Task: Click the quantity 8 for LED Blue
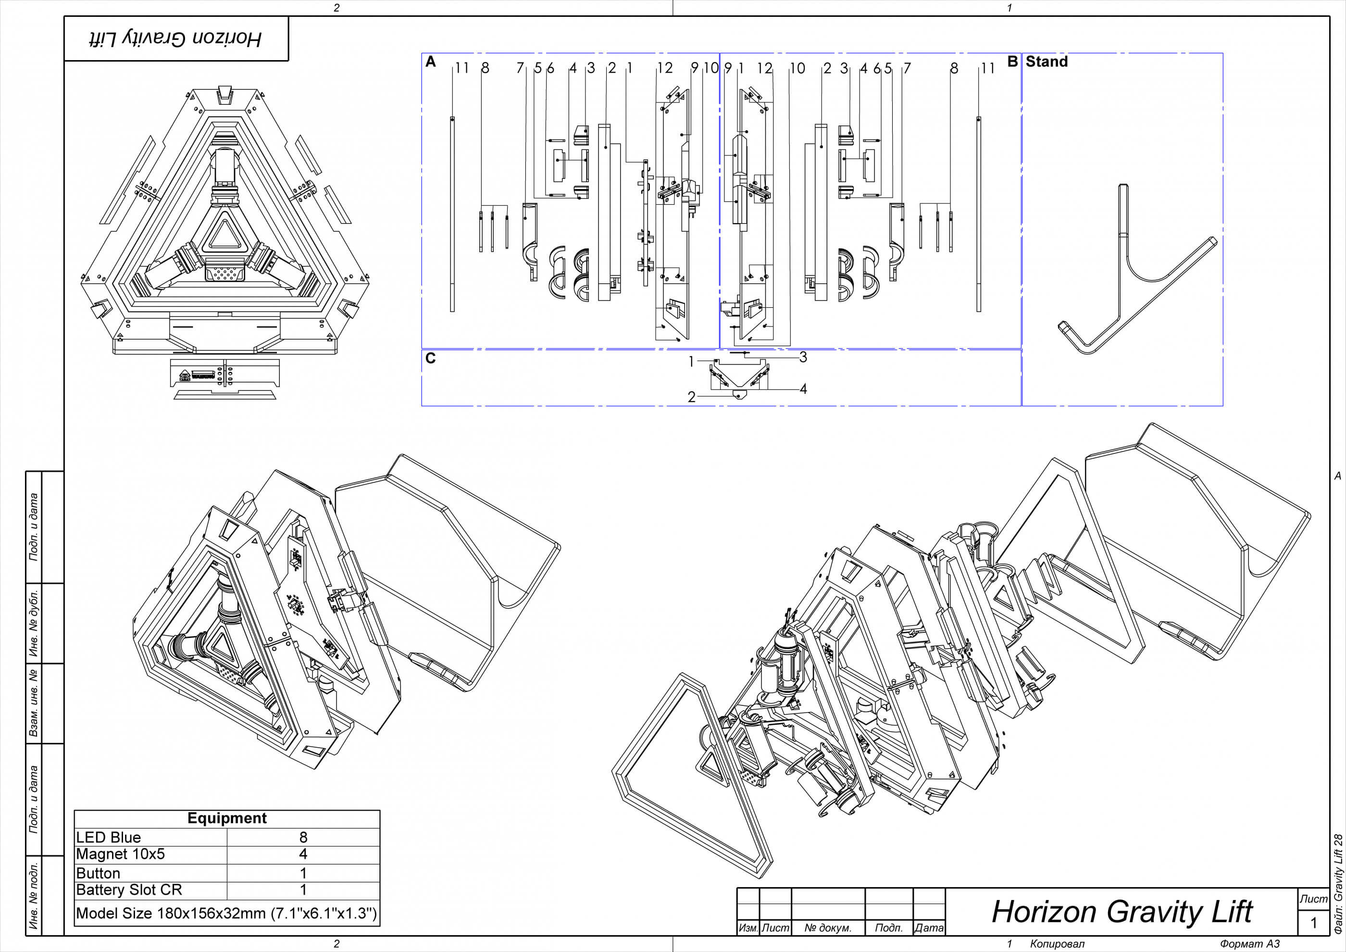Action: pyautogui.click(x=303, y=837)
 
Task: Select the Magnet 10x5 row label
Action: pyautogui.click(x=120, y=854)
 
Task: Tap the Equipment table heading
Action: pyautogui.click(x=227, y=818)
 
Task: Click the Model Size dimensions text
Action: pyautogui.click(x=226, y=914)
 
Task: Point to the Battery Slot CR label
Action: pyautogui.click(x=129, y=890)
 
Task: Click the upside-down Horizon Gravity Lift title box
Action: pyautogui.click(x=176, y=38)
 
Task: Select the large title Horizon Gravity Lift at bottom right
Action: pyautogui.click(x=1122, y=912)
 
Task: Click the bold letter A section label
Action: pyautogui.click(x=430, y=62)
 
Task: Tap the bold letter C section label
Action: pyautogui.click(x=430, y=358)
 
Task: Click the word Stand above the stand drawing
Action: pyautogui.click(x=1047, y=62)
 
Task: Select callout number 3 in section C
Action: pyautogui.click(x=803, y=357)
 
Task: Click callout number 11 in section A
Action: pyautogui.click(x=462, y=69)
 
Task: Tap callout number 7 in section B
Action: pyautogui.click(x=907, y=69)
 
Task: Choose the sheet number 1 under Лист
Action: pyautogui.click(x=1313, y=923)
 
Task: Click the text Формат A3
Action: pyautogui.click(x=1249, y=944)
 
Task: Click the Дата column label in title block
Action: pyautogui.click(x=929, y=928)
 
